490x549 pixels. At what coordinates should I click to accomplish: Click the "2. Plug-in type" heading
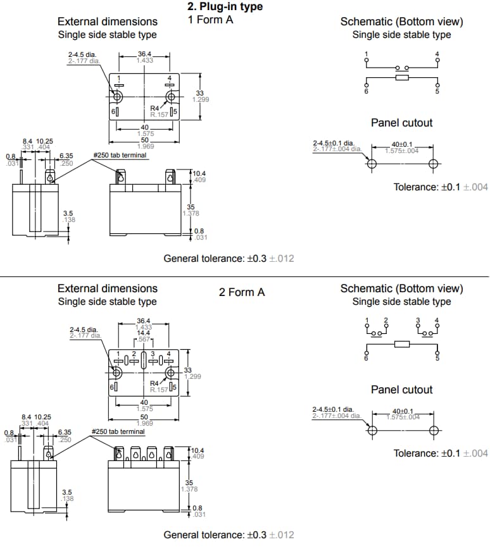point(225,7)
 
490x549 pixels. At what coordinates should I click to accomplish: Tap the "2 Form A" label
point(241,292)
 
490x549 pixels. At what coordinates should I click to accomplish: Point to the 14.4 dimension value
point(144,333)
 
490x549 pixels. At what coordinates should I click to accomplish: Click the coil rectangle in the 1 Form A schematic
point(401,78)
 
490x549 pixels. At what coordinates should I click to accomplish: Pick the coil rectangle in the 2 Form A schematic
point(401,344)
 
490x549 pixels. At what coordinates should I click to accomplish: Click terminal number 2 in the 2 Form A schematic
point(386,321)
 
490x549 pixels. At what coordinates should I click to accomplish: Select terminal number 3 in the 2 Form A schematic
point(418,321)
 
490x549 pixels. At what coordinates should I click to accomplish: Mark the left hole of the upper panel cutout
point(372,163)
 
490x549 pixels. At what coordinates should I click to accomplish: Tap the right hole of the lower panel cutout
point(434,431)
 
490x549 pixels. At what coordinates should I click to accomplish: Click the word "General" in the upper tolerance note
point(182,258)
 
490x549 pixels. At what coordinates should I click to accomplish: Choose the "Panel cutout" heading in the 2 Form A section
point(401,389)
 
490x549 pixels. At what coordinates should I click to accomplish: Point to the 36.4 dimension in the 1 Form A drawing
point(144,54)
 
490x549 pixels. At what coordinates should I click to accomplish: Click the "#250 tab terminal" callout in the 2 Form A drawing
point(118,431)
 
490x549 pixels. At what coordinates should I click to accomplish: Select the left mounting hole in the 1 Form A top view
point(118,96)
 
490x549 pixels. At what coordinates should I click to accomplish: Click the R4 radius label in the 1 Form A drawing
point(154,108)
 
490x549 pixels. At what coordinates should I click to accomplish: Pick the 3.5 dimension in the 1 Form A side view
point(68,213)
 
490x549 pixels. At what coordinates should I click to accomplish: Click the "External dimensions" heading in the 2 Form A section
point(107,288)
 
